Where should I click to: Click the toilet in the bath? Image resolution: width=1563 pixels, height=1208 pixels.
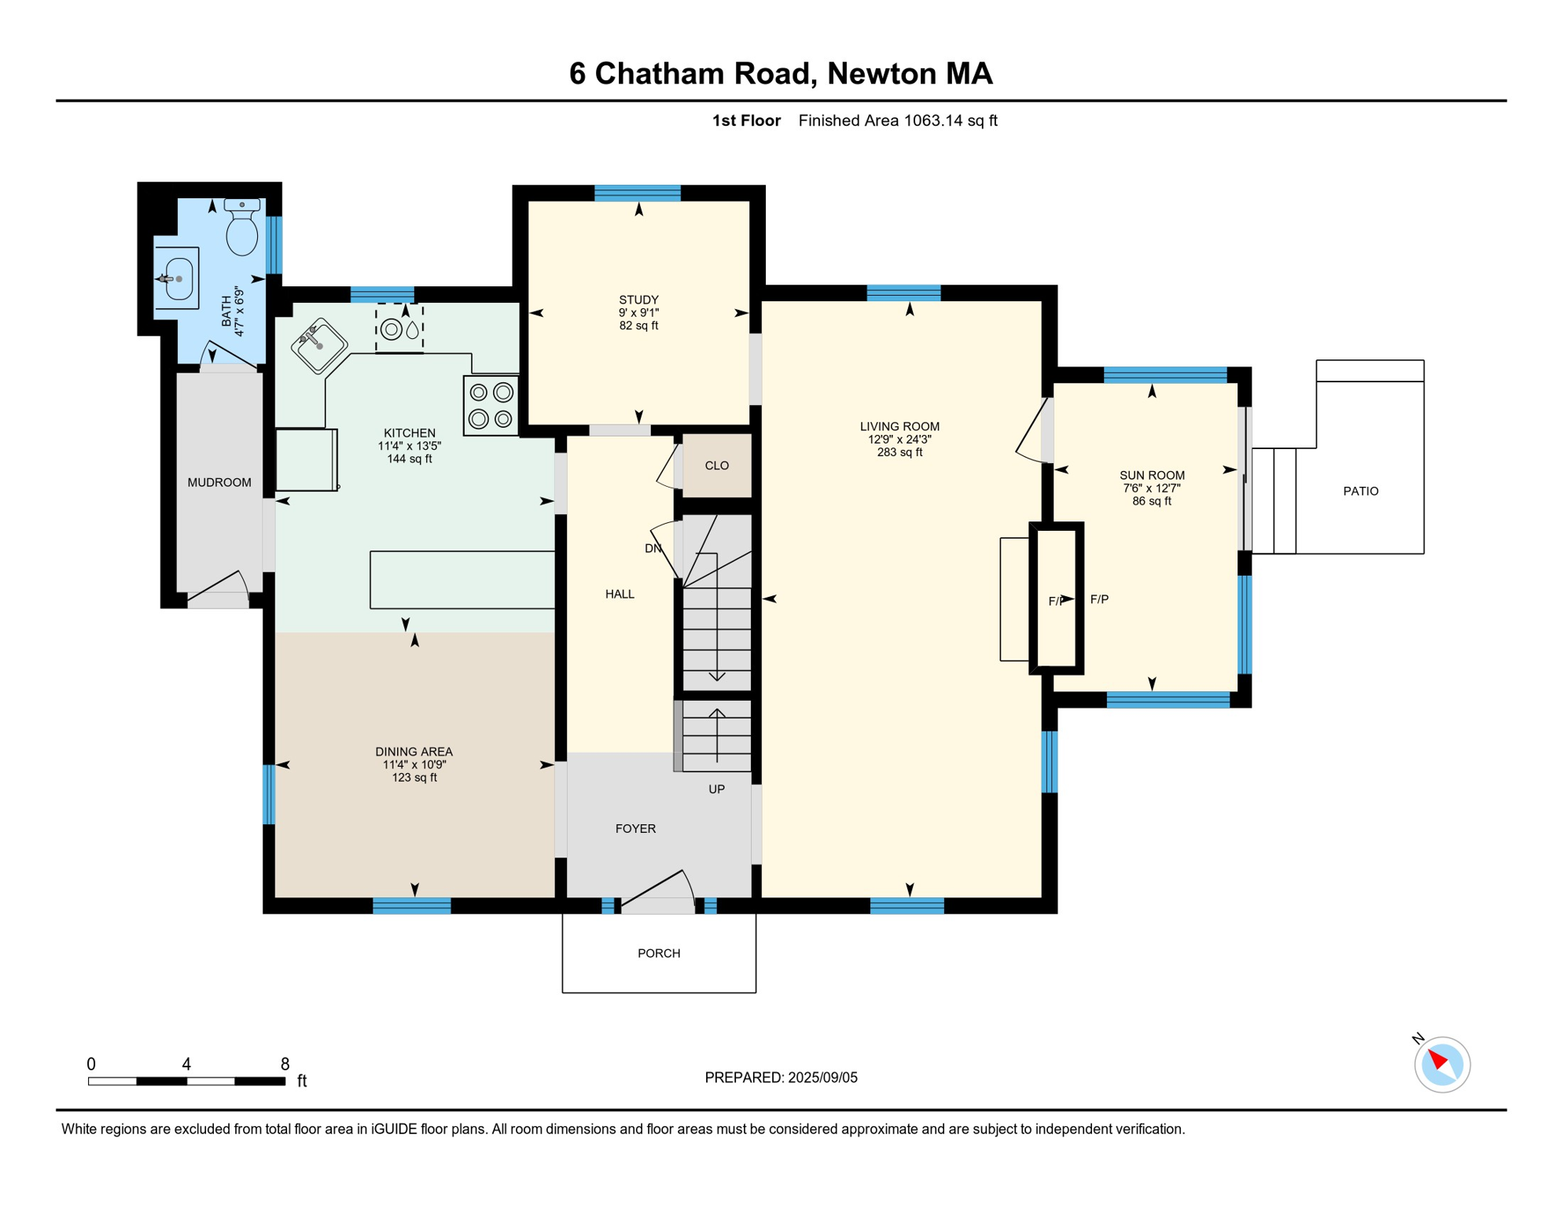(x=242, y=226)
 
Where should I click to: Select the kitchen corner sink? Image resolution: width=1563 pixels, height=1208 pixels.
(x=319, y=345)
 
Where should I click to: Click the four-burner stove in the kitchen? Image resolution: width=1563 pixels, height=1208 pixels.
(x=491, y=406)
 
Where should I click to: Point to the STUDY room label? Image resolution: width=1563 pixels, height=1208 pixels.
(x=638, y=300)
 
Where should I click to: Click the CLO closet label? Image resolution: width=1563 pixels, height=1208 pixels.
(x=717, y=466)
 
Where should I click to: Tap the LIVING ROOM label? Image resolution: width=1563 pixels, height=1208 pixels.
(x=899, y=426)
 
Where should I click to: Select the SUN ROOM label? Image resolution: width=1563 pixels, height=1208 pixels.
(x=1152, y=475)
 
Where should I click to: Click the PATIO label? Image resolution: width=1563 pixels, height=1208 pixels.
(x=1361, y=491)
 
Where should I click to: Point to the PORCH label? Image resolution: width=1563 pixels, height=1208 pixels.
(x=659, y=953)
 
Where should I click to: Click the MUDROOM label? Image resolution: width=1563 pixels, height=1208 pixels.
(x=219, y=482)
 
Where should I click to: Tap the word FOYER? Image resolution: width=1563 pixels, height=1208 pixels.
(x=635, y=828)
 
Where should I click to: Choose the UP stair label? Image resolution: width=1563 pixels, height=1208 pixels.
(x=716, y=789)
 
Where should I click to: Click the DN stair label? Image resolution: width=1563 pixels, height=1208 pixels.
(x=653, y=548)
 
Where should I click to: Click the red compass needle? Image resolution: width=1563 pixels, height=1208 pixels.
(x=1438, y=1059)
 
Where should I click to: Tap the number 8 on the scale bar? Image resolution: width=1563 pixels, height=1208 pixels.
(x=285, y=1064)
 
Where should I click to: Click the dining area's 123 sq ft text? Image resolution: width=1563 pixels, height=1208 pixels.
(x=414, y=778)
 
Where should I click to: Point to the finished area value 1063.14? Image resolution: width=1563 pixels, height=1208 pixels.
(x=933, y=120)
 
